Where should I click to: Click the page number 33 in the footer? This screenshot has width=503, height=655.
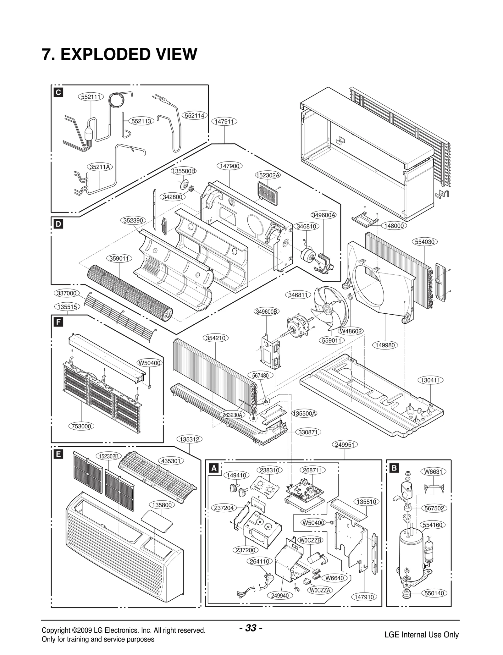[251, 628]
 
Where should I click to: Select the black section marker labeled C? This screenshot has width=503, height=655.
[58, 93]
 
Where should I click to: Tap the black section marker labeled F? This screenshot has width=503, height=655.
[58, 322]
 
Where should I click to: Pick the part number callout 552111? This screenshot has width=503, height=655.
[91, 97]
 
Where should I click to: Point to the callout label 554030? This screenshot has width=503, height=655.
[425, 242]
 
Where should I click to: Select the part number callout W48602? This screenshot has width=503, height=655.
[351, 331]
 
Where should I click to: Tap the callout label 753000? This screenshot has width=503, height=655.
[81, 426]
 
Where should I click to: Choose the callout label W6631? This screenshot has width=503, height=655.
[433, 471]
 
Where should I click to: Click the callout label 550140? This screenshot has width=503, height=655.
[434, 593]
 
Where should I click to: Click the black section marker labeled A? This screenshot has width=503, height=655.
[214, 468]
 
